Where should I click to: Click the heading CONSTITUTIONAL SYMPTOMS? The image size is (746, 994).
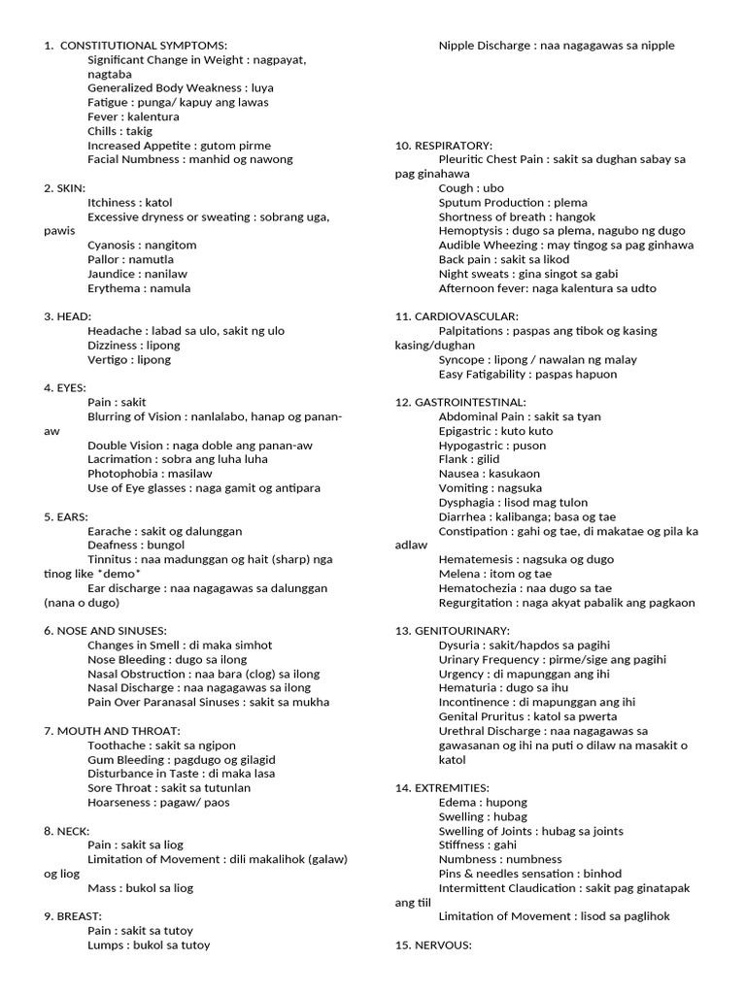point(143,46)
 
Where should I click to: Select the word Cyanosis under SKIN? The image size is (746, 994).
point(113,246)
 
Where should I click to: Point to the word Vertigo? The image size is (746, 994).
point(109,359)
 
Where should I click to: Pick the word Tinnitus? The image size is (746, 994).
point(110,559)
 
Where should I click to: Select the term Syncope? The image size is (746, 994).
point(461,360)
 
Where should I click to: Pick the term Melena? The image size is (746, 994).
point(458,574)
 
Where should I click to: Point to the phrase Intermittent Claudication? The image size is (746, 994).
point(507,888)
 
